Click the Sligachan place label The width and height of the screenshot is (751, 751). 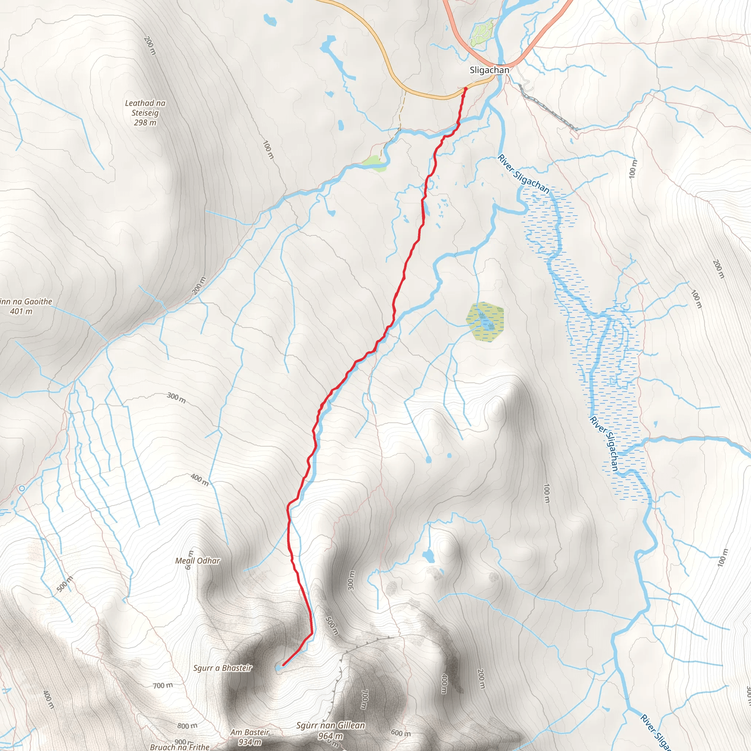489,70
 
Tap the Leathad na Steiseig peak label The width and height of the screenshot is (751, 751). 145,108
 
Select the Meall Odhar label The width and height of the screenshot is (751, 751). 198,561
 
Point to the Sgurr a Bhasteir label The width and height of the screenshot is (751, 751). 223,668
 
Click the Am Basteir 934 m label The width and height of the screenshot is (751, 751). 250,737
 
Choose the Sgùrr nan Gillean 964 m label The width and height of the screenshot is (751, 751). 330,730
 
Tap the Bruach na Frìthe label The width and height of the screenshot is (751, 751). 180,747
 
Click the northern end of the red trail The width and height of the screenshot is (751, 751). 466,89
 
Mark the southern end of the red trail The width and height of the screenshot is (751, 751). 283,665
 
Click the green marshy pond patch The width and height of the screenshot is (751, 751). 486,322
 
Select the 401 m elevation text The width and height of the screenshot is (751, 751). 21,311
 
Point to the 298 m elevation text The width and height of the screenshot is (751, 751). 145,123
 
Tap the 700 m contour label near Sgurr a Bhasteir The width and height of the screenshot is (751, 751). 163,685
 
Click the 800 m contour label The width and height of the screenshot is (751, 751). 187,726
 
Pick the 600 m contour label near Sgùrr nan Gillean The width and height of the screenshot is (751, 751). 400,733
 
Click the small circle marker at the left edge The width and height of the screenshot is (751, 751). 22,488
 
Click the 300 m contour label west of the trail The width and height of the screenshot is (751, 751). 176,398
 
